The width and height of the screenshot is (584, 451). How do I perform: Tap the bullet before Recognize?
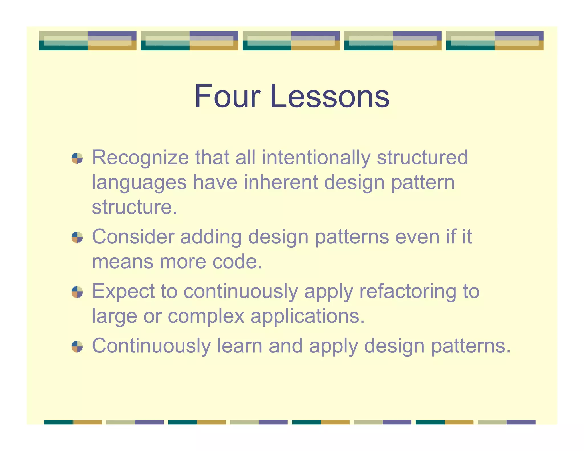pyautogui.click(x=77, y=159)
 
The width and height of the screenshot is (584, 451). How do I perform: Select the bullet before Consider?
pyautogui.click(x=77, y=237)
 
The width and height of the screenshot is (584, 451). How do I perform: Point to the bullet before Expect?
pyautogui.click(x=77, y=292)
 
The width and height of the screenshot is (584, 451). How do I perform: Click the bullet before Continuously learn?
pyautogui.click(x=77, y=346)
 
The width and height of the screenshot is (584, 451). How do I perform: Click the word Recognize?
pyautogui.click(x=140, y=158)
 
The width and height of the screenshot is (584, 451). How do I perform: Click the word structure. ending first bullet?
pyautogui.click(x=134, y=207)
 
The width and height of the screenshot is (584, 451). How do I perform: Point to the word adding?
pyautogui.click(x=211, y=237)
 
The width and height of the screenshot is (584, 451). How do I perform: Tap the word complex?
pyautogui.click(x=206, y=316)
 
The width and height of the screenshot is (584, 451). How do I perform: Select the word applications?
pyautogui.click(x=307, y=316)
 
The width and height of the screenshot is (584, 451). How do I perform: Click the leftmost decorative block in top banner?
pyautogui.click(x=88, y=40)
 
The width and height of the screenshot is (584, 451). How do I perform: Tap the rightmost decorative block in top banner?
pyautogui.click(x=494, y=40)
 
